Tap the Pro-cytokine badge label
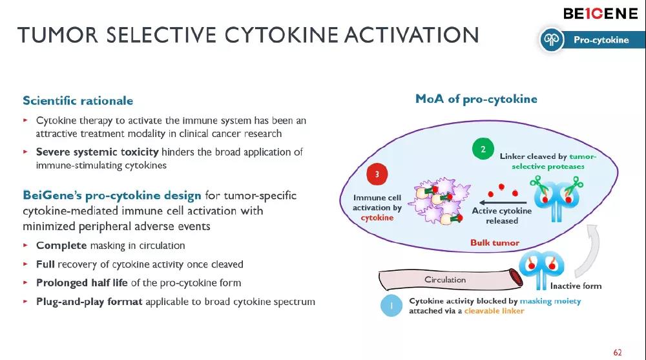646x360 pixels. coord(601,40)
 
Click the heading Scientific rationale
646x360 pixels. coord(78,101)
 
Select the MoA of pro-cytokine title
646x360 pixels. coord(476,99)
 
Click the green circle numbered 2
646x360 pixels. coord(483,149)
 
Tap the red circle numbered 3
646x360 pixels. coord(377,175)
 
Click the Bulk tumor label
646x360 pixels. coord(494,243)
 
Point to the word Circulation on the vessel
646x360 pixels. coord(444,280)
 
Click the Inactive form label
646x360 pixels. coord(576,286)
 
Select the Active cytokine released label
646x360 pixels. coord(502,216)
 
